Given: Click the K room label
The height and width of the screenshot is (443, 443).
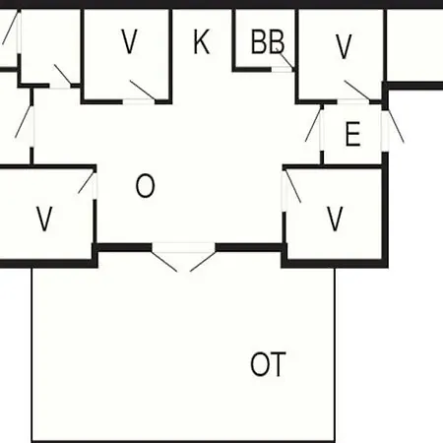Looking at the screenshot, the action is (x=201, y=41).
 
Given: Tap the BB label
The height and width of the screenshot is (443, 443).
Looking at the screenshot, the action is (x=268, y=41).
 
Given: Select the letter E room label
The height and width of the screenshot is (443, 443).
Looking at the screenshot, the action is (x=353, y=134).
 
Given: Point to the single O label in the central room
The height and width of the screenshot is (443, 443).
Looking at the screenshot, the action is (x=145, y=186).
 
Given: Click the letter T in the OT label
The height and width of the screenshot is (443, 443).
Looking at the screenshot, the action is (x=278, y=364).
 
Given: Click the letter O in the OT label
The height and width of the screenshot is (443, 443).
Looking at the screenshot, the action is (x=260, y=364).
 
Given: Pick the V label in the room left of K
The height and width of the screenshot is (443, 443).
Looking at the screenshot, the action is (x=129, y=41).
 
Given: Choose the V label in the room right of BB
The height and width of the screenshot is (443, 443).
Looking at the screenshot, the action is (x=344, y=47).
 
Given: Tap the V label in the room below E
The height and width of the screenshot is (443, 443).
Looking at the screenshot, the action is (x=335, y=219).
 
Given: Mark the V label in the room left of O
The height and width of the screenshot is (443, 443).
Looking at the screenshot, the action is (x=44, y=219).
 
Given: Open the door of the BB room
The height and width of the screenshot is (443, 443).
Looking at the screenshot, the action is (x=285, y=60).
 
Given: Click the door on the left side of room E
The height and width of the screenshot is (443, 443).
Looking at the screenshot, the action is (x=313, y=123).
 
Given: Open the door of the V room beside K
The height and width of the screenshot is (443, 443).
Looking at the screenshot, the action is (x=143, y=90).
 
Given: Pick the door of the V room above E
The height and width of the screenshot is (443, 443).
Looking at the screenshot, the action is (x=357, y=90).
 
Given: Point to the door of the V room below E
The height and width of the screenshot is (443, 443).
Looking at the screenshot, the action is (x=293, y=186).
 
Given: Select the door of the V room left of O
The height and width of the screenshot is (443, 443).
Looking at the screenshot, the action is (x=87, y=183).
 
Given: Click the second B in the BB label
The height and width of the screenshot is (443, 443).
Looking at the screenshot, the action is (x=276, y=41).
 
